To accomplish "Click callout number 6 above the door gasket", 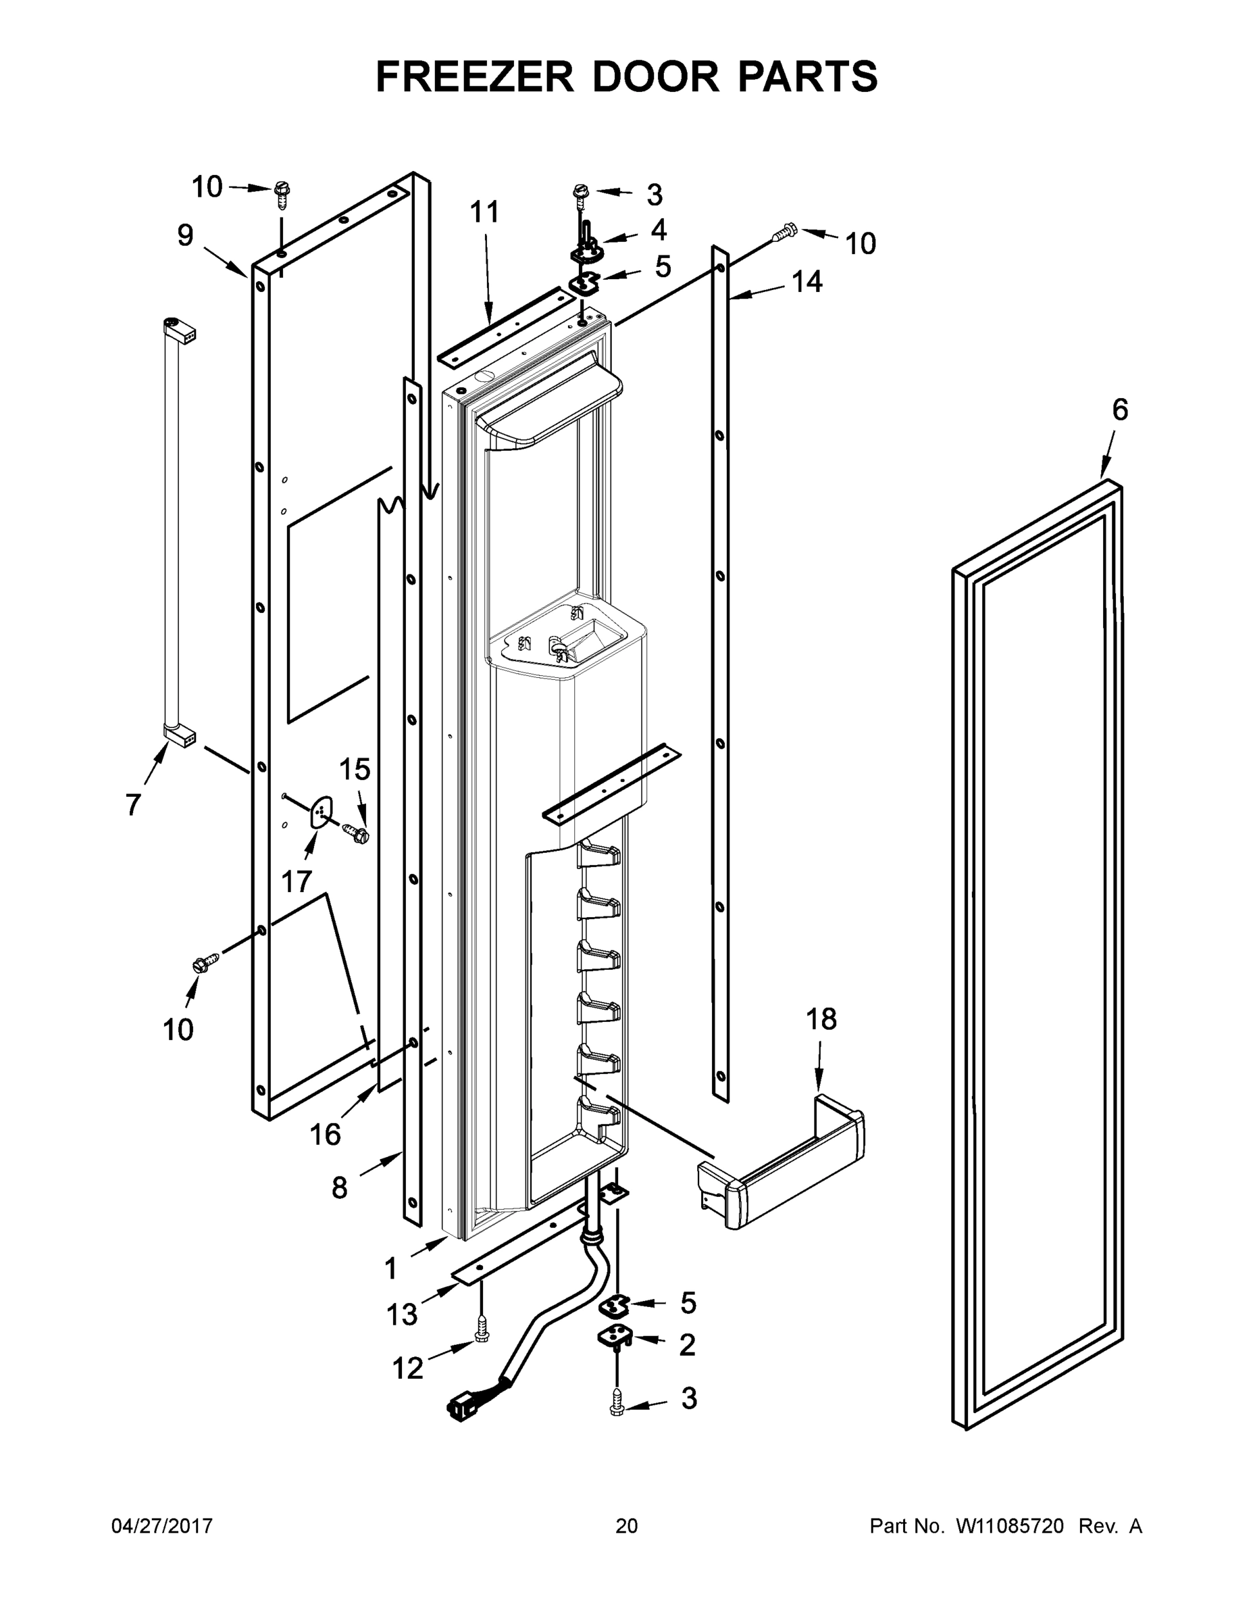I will click(x=1119, y=410).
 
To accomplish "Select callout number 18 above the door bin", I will click(x=821, y=1019).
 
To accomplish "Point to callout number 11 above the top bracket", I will click(x=485, y=212).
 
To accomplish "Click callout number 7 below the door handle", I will click(x=133, y=804).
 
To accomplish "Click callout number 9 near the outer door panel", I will click(x=186, y=235).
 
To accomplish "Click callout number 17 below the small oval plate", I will click(x=295, y=881).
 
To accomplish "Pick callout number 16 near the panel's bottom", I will click(x=325, y=1134).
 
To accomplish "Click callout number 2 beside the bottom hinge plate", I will click(x=688, y=1345).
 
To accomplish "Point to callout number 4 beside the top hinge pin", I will click(x=659, y=230).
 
